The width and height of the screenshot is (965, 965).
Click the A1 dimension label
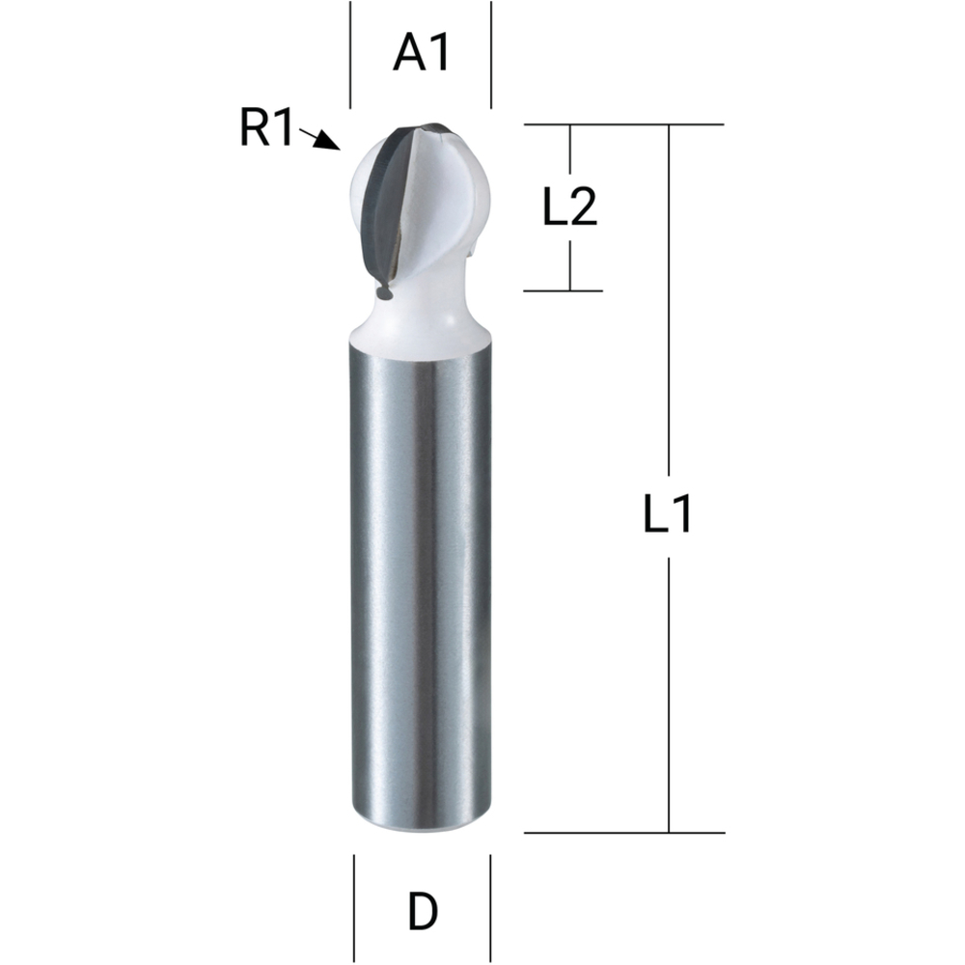click(422, 54)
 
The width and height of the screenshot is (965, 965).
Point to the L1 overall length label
click(668, 517)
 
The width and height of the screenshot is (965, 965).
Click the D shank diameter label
click(422, 911)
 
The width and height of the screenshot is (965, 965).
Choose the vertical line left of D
click(354, 908)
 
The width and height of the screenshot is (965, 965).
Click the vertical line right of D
click(491, 908)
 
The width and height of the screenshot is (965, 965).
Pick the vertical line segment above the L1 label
click(669, 309)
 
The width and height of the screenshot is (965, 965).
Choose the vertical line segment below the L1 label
click(669, 695)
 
